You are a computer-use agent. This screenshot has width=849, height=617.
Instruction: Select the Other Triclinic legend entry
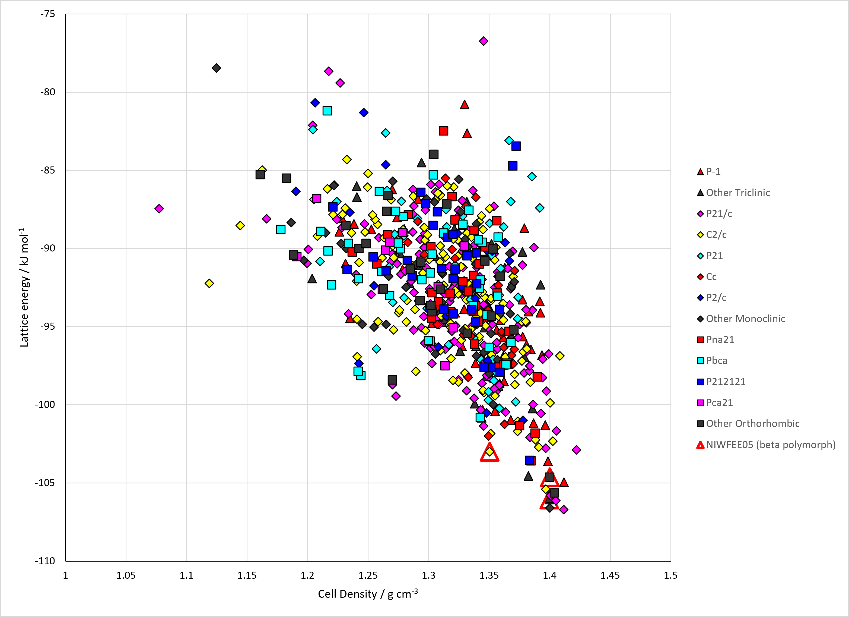coord(733,193)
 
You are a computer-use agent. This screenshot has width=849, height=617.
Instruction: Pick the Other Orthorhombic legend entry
coord(748,423)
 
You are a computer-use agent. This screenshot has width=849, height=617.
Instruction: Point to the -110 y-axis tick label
coord(45,561)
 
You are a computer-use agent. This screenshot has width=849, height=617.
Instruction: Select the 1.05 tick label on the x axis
coord(126,575)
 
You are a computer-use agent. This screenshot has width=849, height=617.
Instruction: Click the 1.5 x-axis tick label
coord(670,575)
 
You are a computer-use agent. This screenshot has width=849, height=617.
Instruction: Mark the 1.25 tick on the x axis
coord(368,575)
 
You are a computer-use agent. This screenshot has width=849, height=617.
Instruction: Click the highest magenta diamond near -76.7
coord(483,41)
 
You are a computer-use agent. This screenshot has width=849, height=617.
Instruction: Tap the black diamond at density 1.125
coord(216,68)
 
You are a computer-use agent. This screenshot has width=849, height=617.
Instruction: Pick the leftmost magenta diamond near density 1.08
coord(159,209)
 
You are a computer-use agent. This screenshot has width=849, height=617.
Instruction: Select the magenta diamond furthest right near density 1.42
coord(577,449)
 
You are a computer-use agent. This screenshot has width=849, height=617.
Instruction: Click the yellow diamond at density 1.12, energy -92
coord(209,283)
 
